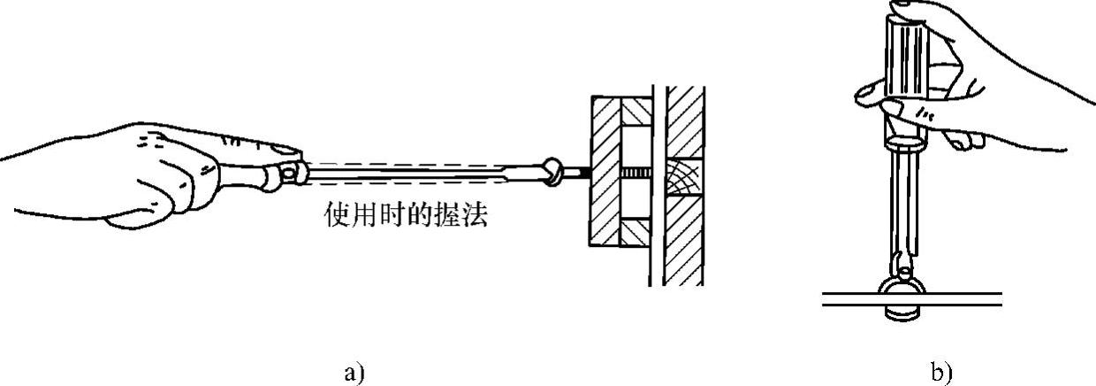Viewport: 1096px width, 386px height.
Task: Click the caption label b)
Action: click(x=941, y=372)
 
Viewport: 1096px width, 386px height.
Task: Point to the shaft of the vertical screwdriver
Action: click(x=904, y=204)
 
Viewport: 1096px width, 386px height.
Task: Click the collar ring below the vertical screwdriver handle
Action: click(x=904, y=140)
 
